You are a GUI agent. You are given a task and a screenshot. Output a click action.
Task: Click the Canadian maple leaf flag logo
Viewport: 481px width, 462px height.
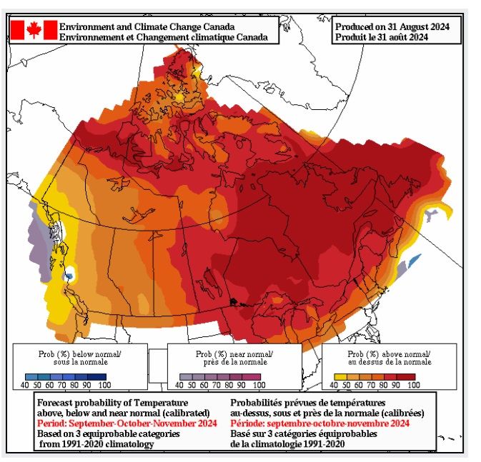[x=33, y=29]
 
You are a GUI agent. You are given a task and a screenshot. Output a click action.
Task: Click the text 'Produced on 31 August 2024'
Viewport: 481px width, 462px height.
[x=392, y=26]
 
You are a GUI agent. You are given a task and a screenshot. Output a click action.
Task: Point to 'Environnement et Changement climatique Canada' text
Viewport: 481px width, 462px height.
[x=164, y=36]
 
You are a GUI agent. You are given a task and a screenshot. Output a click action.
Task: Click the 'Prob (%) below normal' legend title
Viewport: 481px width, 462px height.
[x=79, y=354]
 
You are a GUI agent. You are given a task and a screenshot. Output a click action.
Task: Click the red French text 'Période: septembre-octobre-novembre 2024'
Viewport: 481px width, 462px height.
[x=319, y=423]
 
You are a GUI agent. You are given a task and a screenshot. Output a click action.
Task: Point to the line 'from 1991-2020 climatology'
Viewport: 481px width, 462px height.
[x=98, y=443]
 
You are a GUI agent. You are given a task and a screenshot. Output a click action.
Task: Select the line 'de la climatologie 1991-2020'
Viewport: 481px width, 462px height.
[x=294, y=443]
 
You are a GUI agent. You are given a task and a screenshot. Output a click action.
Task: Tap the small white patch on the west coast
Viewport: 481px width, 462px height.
[x=71, y=273]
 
